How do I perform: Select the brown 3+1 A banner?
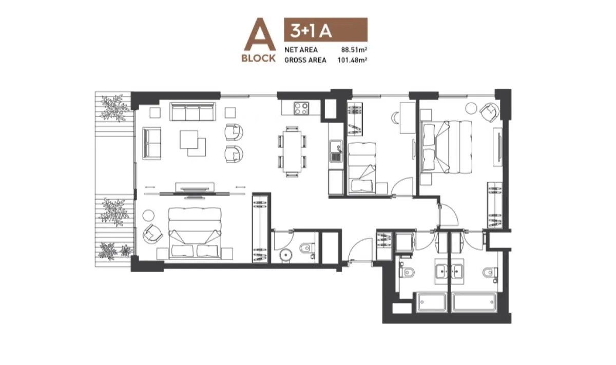[325, 30]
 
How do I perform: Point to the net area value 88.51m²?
[356, 50]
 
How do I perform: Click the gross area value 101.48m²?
[354, 60]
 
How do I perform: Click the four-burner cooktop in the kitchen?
[301, 108]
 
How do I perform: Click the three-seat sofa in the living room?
[192, 111]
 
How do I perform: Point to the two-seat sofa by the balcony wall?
[152, 143]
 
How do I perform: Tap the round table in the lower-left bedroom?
[151, 216]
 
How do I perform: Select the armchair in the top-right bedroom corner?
[489, 111]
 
